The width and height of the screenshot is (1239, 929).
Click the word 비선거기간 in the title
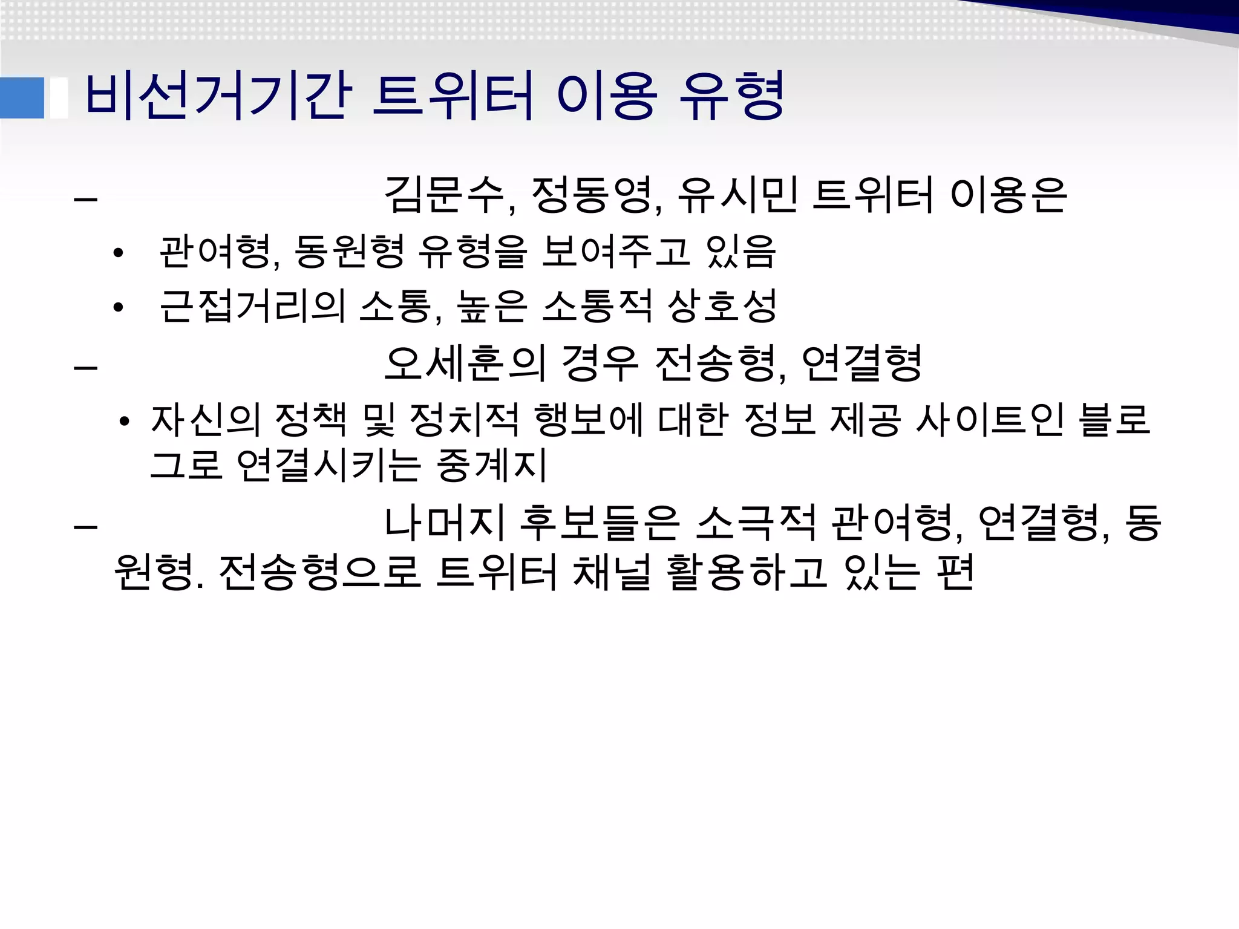click(218, 96)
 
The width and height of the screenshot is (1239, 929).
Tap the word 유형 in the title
click(731, 96)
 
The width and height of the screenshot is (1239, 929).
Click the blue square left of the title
click(22, 97)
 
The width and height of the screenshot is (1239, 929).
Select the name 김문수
click(445, 195)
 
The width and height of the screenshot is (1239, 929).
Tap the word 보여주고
click(615, 252)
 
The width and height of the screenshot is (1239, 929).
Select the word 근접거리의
click(252, 306)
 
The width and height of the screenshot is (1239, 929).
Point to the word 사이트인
click(989, 420)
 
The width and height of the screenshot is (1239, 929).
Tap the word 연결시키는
click(329, 466)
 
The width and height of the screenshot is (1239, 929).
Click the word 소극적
click(756, 523)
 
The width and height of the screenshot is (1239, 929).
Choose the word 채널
click(611, 572)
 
